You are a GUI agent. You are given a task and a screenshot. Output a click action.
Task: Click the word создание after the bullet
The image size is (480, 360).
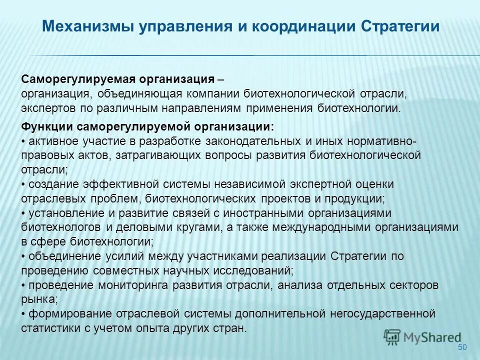point(52,184)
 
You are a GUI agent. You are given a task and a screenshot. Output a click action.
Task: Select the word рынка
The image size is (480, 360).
point(38,299)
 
